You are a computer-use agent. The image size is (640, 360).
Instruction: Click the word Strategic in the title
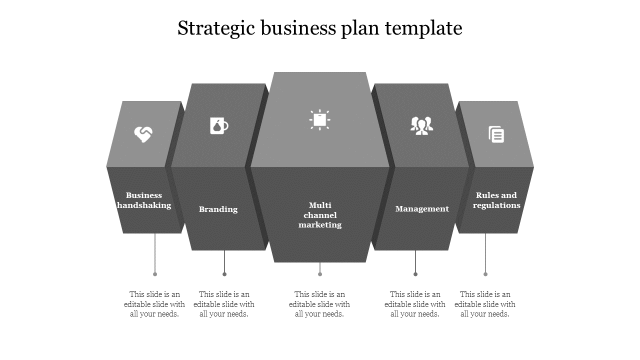[x=216, y=28]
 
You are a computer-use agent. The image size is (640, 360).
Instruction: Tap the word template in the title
[x=423, y=28]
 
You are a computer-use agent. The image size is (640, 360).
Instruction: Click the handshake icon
[x=143, y=134]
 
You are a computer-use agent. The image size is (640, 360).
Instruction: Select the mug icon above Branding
[x=219, y=125]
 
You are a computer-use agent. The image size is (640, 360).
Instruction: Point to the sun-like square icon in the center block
[x=319, y=119]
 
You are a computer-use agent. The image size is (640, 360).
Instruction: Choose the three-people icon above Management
[x=421, y=125]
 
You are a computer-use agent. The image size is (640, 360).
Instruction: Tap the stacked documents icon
[x=496, y=134]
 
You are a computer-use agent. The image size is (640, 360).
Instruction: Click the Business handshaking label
[x=144, y=200]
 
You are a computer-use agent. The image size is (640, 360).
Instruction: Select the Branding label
[x=218, y=209]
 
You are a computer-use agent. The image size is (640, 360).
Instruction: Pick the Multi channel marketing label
[x=320, y=215]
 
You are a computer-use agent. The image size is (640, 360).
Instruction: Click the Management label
[x=422, y=209]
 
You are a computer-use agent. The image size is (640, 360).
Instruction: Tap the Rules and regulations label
[x=496, y=200]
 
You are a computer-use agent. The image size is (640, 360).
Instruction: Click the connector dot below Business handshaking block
[x=155, y=274]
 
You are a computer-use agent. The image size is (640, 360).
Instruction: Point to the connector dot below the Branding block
[x=224, y=274]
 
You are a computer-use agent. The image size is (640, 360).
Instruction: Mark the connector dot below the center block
[x=320, y=274]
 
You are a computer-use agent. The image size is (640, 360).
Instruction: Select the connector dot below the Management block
[x=415, y=274]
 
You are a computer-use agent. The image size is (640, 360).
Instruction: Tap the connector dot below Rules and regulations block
[x=485, y=274]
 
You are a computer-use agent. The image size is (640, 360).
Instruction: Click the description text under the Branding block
[x=224, y=304]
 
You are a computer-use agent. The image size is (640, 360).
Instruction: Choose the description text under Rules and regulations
[x=485, y=304]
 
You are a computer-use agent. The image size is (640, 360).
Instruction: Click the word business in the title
[x=298, y=28]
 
